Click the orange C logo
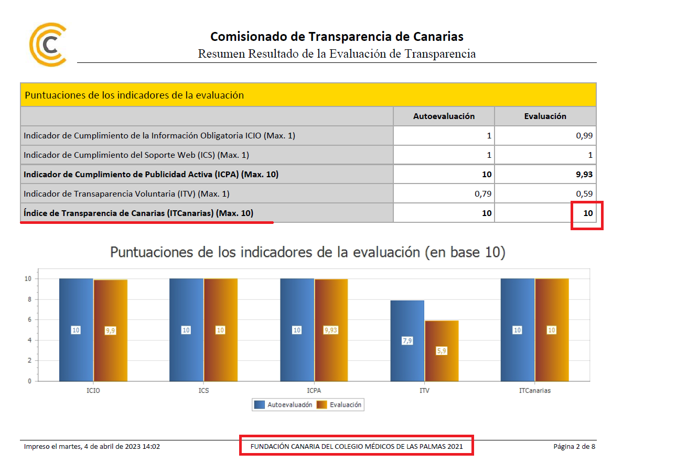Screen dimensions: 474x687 pos(48,45)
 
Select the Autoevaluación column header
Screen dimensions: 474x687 pos(444,116)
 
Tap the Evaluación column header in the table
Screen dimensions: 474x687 pos(545,116)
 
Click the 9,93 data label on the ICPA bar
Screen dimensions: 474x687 pos(331,330)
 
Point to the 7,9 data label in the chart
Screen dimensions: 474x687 pos(407,341)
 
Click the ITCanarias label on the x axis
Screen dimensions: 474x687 pos(534,391)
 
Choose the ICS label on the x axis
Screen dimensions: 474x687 pos(203,391)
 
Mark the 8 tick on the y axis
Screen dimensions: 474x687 pos(29,299)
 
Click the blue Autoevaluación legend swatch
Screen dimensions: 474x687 pos(260,405)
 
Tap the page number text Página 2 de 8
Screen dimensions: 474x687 pos(574,447)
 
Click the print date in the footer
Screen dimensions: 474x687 pos(92,447)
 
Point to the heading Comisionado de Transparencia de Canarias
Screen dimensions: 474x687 pos(337,37)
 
